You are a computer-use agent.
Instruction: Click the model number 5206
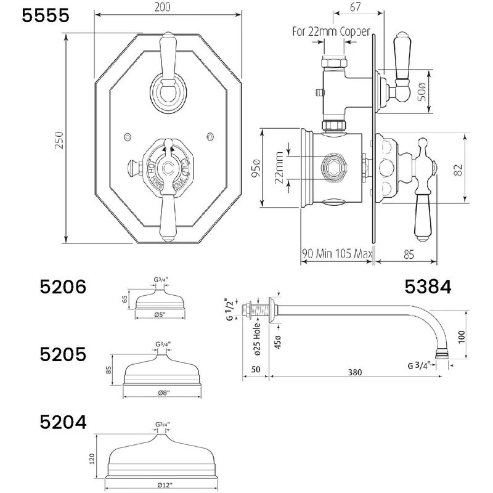[x=64, y=287]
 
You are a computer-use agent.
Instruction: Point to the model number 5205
[x=64, y=355]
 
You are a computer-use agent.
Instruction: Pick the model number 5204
[x=64, y=422]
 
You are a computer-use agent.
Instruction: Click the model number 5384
[x=428, y=287]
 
